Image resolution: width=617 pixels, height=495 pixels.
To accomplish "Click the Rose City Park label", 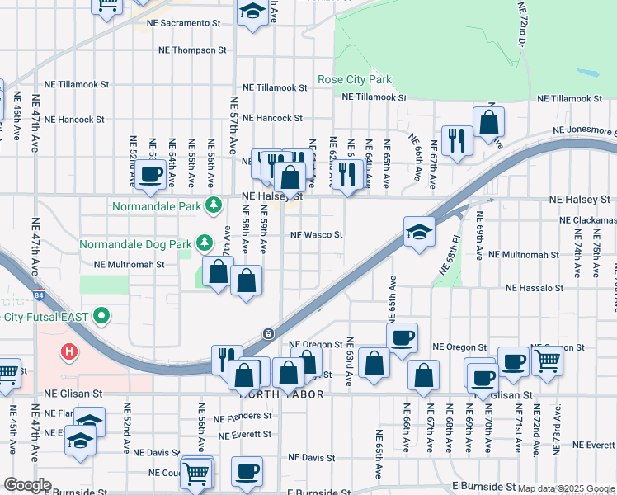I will [355, 80].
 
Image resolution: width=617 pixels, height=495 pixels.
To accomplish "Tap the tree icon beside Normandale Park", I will [214, 204].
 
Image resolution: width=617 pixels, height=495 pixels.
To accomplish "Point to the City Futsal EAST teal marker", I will [102, 316].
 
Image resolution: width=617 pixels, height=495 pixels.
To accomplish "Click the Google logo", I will [26, 485].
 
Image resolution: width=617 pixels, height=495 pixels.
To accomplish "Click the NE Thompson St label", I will [193, 50].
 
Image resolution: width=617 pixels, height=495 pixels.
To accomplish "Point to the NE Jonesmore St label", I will [584, 130].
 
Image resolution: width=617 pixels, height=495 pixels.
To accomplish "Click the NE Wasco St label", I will [316, 235].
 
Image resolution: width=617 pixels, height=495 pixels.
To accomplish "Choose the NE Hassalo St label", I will [534, 289].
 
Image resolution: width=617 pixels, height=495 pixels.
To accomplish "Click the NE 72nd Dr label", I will [524, 25].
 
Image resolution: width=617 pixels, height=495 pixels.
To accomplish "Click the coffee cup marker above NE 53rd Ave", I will [151, 174].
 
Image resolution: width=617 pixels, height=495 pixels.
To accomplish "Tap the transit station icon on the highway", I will [268, 334].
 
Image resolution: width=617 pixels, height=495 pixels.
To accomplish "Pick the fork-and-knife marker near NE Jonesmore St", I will [455, 139].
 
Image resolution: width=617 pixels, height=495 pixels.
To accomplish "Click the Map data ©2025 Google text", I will [566, 488].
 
